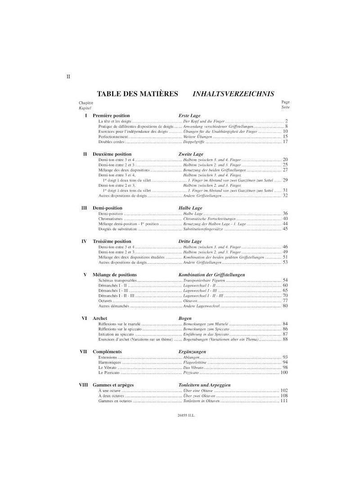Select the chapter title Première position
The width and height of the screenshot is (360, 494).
[111, 116]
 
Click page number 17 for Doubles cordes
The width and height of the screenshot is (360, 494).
[285, 142]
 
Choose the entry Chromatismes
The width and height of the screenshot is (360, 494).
[111, 218]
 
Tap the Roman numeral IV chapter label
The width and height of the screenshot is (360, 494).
[84, 241]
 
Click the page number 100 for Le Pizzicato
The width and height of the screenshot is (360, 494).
[284, 373]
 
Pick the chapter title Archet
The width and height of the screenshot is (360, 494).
[99, 318]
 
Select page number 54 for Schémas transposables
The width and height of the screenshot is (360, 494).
[285, 280]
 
